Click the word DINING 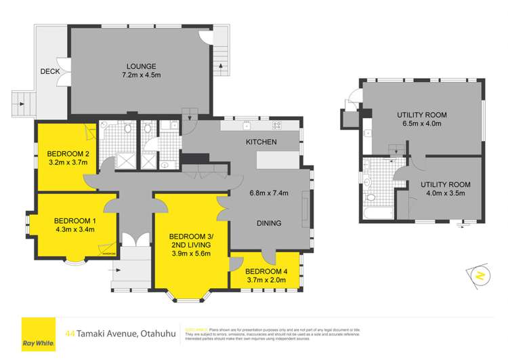coord(269,223)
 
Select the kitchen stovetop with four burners coord(276,125)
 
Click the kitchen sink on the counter coord(247,125)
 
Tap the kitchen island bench coord(276,159)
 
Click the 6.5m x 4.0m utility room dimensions coord(421,125)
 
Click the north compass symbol coord(477,275)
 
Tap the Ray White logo coord(39,334)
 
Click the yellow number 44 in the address coord(70,333)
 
